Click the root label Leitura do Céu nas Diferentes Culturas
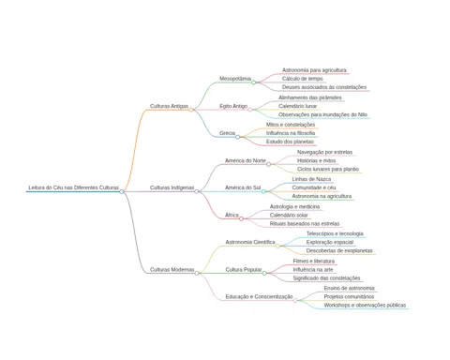pyautogui.click(x=74, y=187)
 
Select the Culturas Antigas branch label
pyautogui.click(x=169, y=106)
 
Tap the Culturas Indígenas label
pyautogui.click(x=172, y=187)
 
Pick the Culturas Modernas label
pyautogui.click(x=172, y=270)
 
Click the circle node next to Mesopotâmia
pyautogui.click(x=253, y=82)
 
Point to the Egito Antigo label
pyautogui.click(x=233, y=106)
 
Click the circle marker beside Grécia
pyautogui.click(x=237, y=137)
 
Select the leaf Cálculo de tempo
pyautogui.click(x=302, y=79)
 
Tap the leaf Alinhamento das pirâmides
pyautogui.click(x=310, y=97)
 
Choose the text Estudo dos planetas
pyautogui.click(x=290, y=142)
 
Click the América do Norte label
pyautogui.click(x=246, y=160)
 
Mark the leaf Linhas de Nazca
pyautogui.click(x=311, y=179)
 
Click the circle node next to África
pyautogui.click(x=241, y=218)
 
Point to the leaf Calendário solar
pyautogui.click(x=289, y=216)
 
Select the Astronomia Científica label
pyautogui.click(x=250, y=242)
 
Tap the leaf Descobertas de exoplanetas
pyautogui.click(x=339, y=250)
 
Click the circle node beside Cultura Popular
pyautogui.click(x=264, y=273)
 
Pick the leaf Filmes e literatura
pyautogui.click(x=314, y=262)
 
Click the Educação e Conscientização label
pyautogui.click(x=259, y=297)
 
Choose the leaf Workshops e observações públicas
pyautogui.click(x=365, y=306)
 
